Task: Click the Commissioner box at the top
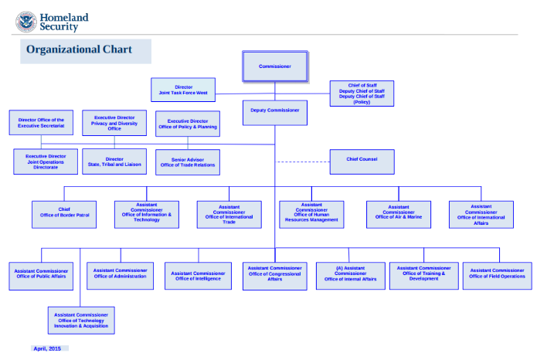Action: pos(275,66)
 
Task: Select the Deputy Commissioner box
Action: pos(275,111)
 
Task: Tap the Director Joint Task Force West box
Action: pos(184,90)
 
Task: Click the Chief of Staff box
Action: pos(362,93)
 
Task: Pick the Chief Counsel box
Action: pos(362,160)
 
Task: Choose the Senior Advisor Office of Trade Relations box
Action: pos(188,161)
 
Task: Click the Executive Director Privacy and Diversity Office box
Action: pos(114,123)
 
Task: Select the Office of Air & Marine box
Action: pos(399,212)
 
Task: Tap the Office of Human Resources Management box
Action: pos(311,212)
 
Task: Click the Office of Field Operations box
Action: pos(497,274)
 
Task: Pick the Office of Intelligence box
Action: pos(198,275)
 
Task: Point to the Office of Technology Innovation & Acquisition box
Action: pos(81,320)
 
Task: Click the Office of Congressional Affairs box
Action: pos(275,275)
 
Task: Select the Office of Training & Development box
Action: pos(423,274)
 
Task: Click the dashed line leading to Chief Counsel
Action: pos(302,161)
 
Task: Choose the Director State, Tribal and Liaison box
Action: pos(114,161)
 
